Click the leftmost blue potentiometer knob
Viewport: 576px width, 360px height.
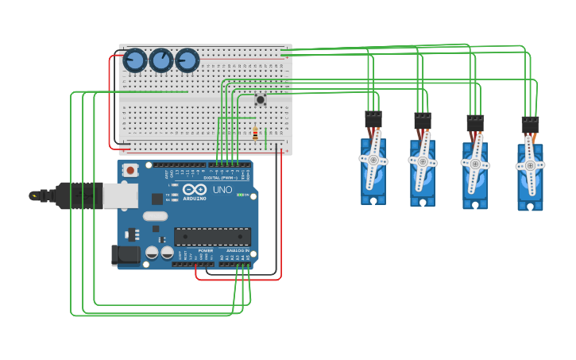135,60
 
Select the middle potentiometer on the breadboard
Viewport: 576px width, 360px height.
161,60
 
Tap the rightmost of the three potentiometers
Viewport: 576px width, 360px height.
187,60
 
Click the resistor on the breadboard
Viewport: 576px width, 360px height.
255,134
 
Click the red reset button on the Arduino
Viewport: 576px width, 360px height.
130,169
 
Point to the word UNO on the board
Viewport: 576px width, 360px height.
222,190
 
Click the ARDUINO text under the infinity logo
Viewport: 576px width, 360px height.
195,199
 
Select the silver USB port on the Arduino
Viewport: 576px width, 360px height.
120,195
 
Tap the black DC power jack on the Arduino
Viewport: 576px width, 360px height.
126,254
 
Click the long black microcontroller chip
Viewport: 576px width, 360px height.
212,236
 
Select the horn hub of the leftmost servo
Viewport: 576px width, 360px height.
373,159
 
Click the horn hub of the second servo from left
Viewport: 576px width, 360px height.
423,161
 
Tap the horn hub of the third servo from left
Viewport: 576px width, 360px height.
475,164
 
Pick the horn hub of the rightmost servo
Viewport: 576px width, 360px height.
530,165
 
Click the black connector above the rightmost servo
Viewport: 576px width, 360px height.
530,126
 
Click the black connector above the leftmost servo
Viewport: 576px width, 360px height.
373,120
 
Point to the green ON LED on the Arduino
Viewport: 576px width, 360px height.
238,195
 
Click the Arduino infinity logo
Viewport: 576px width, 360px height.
195,189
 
